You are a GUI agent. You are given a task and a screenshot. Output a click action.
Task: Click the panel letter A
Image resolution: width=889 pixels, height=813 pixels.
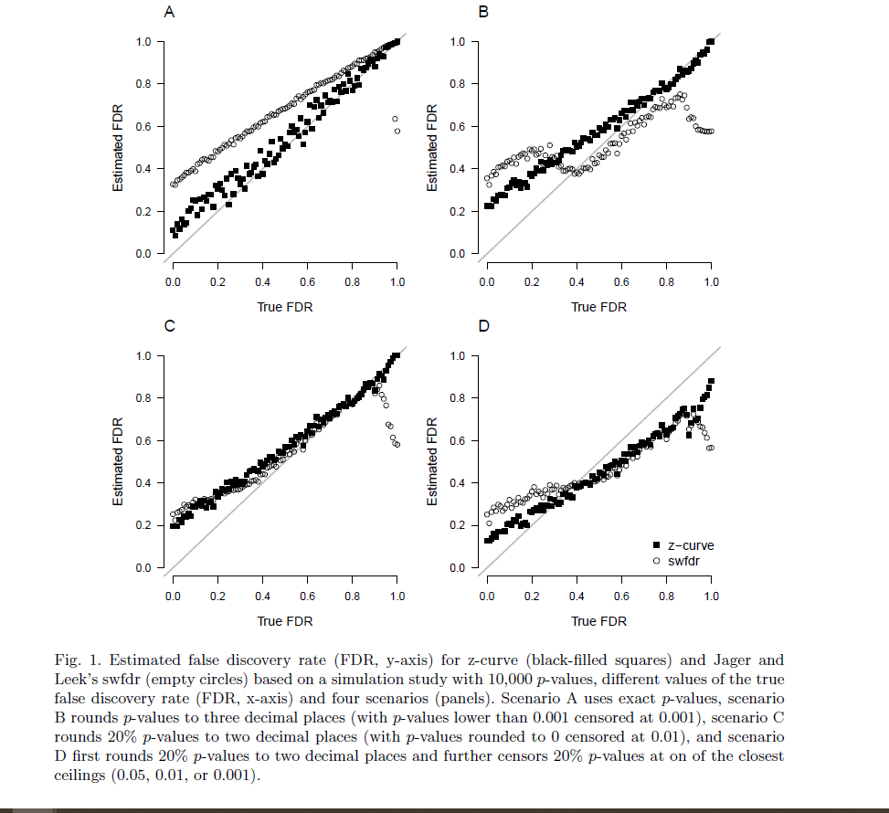coord(169,12)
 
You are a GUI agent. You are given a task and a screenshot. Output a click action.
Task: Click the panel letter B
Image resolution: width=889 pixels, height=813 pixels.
coord(484,12)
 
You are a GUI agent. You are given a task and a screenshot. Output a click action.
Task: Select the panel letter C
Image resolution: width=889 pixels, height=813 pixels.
coord(170,326)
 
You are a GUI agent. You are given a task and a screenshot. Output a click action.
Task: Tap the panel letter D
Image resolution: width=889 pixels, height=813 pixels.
coord(484,326)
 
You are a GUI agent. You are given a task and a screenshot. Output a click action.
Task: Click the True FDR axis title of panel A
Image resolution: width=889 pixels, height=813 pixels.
coord(285,307)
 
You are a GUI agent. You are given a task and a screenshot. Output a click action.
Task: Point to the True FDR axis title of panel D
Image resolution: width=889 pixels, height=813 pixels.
coord(599,621)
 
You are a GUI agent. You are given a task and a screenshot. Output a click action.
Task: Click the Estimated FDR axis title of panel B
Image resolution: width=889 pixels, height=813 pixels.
coord(434,148)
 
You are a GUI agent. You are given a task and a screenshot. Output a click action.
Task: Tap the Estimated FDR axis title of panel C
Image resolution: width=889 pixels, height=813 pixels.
coord(119,462)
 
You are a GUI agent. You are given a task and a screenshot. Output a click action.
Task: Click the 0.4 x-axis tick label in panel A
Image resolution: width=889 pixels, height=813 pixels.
coord(262,281)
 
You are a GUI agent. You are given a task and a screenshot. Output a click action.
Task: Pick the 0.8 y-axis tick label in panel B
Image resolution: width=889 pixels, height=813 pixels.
coord(458,84)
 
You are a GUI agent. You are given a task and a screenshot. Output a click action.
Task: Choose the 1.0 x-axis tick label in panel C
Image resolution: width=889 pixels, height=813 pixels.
coord(397,596)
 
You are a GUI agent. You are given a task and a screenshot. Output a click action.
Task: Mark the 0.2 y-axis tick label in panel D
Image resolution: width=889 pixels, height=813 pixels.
coord(458,525)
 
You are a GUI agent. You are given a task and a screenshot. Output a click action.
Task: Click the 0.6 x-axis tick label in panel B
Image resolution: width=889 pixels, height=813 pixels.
coord(621,281)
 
